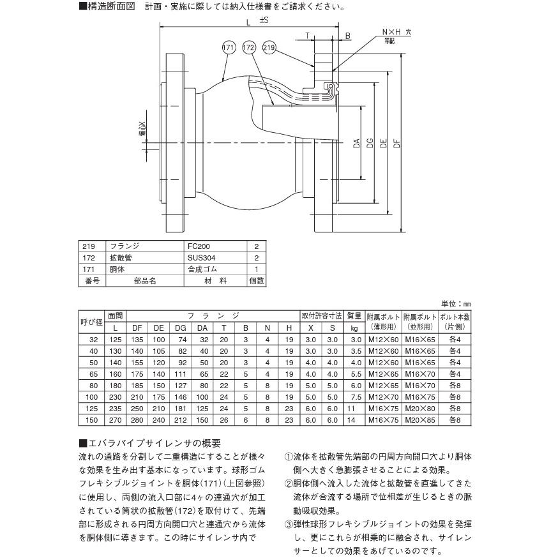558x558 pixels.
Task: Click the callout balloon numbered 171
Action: pos(228,48)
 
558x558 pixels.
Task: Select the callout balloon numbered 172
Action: pos(249,48)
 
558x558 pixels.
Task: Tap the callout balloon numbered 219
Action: pos(269,48)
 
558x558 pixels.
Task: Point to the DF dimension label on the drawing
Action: pos(396,144)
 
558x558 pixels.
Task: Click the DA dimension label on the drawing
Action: pos(356,144)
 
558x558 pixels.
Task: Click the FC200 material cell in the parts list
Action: pos(199,246)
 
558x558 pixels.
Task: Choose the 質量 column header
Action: pos(354,316)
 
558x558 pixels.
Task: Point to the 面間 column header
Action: pos(115,316)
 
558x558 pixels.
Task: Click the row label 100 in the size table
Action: pos(91,397)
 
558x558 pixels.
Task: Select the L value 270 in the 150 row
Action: pos(115,420)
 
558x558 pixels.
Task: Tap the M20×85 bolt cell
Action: pos(420,420)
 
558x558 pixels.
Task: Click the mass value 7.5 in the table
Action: pos(356,397)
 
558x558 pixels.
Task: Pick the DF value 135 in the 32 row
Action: pos(137,340)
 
